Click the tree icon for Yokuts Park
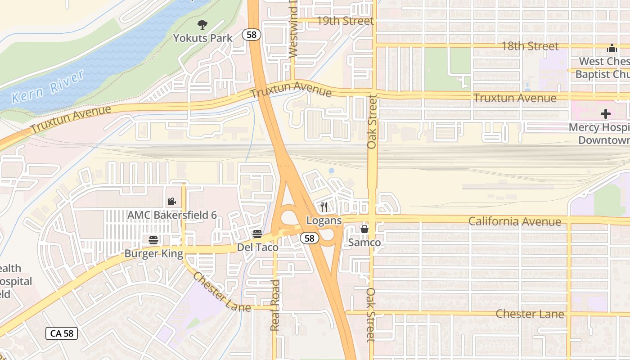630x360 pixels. coord(202,25)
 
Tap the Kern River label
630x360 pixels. coord(48,87)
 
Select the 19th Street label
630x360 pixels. coord(345,21)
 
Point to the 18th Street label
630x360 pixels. coord(530,46)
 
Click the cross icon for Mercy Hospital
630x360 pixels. coord(605,114)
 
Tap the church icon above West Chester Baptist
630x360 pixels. coord(612,48)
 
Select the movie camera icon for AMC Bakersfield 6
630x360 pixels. coord(171,202)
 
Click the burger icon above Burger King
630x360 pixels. coord(153,240)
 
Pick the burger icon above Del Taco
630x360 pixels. coord(257,234)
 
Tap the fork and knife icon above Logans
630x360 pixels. coord(324,207)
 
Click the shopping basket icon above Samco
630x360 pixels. coord(364,229)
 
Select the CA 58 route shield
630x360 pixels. coord(62,333)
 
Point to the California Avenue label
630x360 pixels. coord(514,221)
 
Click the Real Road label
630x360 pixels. coord(275,305)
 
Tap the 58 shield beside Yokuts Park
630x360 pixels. coord(252,35)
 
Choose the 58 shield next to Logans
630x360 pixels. coord(309,238)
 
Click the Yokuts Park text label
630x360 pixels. coord(203,38)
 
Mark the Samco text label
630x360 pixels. coord(364,243)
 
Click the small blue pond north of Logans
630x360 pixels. coord(332,171)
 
